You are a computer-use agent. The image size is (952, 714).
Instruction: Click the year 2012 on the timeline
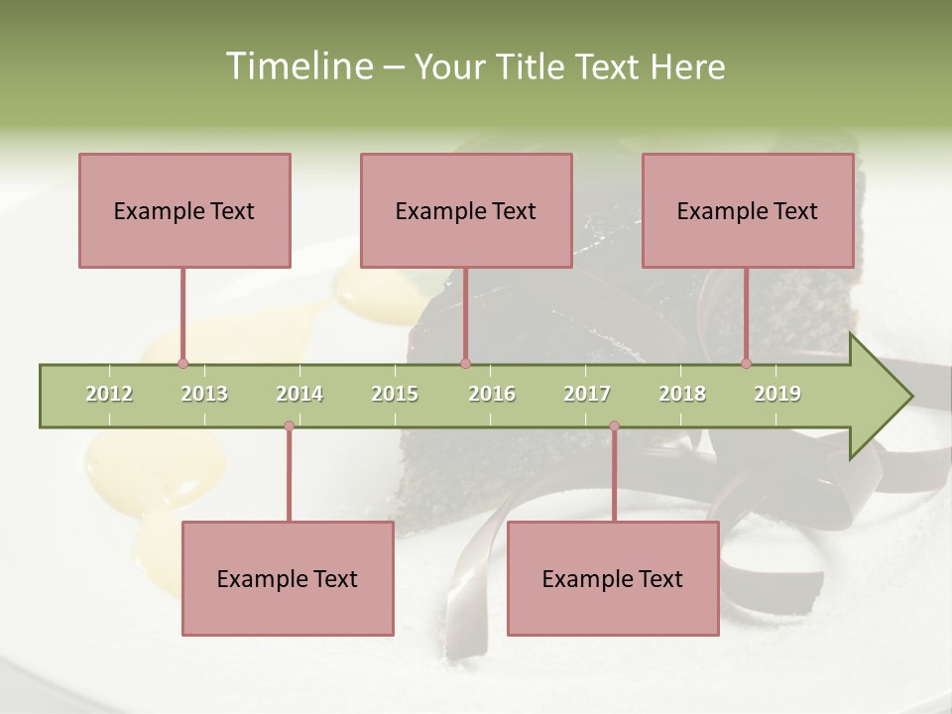click(x=109, y=394)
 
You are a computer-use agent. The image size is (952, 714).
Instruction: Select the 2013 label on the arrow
click(x=204, y=394)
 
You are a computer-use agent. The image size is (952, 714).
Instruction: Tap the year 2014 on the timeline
click(x=299, y=394)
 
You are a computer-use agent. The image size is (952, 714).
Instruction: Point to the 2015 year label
click(x=395, y=394)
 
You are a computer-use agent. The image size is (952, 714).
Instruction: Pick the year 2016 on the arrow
click(x=492, y=394)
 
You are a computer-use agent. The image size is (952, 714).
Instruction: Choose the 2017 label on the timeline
click(x=587, y=394)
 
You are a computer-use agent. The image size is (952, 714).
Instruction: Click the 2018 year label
click(x=682, y=394)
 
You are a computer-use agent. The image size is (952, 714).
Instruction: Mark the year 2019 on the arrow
click(x=777, y=394)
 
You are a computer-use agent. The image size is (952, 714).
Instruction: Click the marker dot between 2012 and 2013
click(x=182, y=363)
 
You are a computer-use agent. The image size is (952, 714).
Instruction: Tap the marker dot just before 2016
click(x=465, y=363)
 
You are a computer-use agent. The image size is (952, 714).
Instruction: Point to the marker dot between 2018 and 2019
click(x=746, y=363)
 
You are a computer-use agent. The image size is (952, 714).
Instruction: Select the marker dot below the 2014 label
click(x=289, y=425)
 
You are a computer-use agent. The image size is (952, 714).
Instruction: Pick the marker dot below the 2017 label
click(x=614, y=425)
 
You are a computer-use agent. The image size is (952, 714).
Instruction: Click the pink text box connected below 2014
click(x=288, y=578)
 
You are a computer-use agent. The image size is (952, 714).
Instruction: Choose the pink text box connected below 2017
click(x=613, y=578)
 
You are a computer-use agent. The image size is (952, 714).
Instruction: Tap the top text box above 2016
click(x=466, y=210)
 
